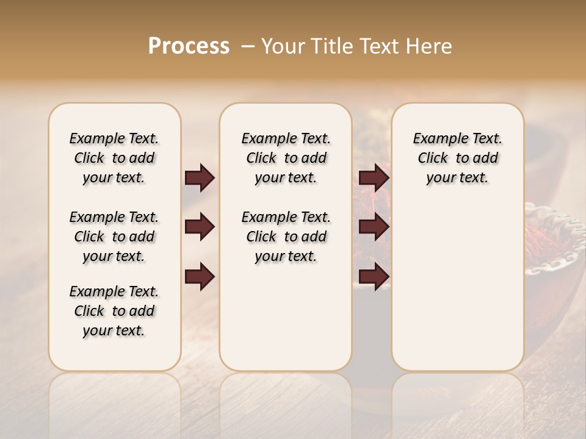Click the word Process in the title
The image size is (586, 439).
(189, 46)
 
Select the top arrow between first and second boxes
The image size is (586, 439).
(200, 177)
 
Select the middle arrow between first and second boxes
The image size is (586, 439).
(200, 227)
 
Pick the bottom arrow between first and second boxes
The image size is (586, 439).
(200, 276)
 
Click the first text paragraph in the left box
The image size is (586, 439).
(114, 158)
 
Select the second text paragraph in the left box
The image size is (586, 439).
(114, 237)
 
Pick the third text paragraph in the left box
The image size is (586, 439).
(114, 311)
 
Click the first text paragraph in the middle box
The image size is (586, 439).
(286, 158)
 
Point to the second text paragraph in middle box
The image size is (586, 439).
(286, 237)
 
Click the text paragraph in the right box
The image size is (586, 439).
(458, 158)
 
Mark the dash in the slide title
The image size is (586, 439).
(248, 47)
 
